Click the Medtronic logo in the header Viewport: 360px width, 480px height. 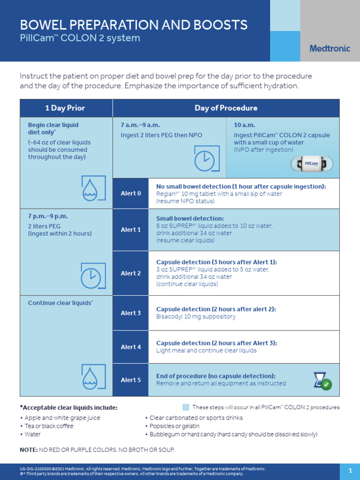(330, 48)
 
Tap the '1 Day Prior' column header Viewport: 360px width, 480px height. (65, 108)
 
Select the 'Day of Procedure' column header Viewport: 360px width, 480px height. (226, 108)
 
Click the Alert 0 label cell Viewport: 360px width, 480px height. (131, 194)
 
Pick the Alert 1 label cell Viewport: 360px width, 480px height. (131, 230)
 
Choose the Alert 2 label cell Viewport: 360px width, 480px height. (131, 273)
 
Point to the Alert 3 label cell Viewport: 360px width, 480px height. (131, 313)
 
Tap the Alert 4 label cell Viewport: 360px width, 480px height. (131, 347)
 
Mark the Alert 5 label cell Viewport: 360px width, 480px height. (131, 380)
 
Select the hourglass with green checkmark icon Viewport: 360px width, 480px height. (322, 381)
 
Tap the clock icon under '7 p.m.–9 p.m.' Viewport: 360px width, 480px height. (91, 276)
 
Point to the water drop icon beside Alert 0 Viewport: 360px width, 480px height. (91, 189)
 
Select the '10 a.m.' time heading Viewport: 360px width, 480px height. (244, 125)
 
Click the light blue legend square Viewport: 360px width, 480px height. (186, 407)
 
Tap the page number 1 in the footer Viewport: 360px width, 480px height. (350, 471)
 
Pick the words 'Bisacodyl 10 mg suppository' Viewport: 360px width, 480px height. (195, 317)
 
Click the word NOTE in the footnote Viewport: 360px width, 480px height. (28, 450)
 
